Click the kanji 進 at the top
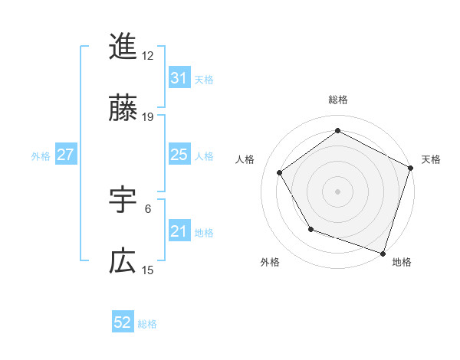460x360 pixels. (123, 47)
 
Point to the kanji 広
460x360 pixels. (123, 262)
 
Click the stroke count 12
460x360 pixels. (148, 56)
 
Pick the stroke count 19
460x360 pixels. (148, 117)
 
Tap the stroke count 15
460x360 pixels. (148, 270)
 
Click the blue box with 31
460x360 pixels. (179, 77)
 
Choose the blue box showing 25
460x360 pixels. (179, 155)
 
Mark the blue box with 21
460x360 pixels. (179, 231)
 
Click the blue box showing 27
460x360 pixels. (65, 155)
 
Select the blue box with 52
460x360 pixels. (123, 322)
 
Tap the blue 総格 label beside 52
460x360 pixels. (147, 323)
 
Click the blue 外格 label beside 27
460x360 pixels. (41, 155)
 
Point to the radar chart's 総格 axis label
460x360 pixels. (338, 100)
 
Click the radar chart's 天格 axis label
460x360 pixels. (431, 159)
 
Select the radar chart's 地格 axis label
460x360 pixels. (402, 262)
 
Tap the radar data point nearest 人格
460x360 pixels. (280, 172)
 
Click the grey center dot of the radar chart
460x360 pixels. (337, 191)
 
